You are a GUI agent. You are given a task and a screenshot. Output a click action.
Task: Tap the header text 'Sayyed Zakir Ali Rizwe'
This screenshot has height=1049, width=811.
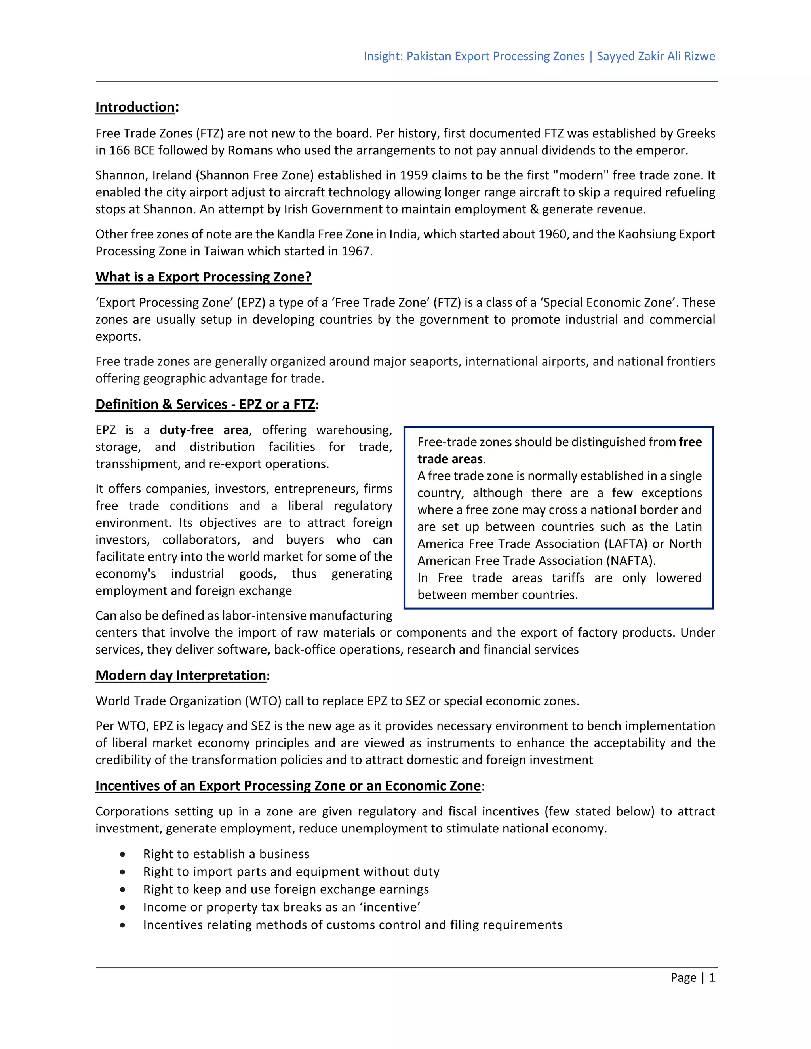tap(655, 56)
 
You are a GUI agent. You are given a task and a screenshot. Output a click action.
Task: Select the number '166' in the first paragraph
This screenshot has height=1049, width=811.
tap(119, 150)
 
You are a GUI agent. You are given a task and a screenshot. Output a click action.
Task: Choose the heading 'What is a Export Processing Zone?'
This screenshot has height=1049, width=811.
tap(203, 277)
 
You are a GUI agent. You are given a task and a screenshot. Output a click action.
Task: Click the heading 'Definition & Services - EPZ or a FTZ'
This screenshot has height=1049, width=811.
tap(206, 405)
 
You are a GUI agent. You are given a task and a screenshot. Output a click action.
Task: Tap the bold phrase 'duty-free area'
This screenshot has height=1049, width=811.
tap(204, 430)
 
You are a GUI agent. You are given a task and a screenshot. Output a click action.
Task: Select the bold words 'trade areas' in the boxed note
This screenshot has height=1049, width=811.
tap(450, 459)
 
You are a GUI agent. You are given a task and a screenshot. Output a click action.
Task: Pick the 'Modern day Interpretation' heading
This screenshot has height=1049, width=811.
tap(181, 675)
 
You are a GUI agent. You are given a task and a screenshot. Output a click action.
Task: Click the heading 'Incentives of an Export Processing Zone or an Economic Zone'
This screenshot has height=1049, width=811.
tap(288, 786)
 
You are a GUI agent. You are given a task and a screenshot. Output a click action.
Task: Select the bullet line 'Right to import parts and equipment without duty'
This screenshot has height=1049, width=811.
tap(291, 872)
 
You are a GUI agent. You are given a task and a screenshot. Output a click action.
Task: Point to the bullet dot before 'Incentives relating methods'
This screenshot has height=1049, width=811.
tap(123, 925)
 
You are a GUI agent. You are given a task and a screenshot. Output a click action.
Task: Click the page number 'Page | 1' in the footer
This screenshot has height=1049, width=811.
tap(692, 978)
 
